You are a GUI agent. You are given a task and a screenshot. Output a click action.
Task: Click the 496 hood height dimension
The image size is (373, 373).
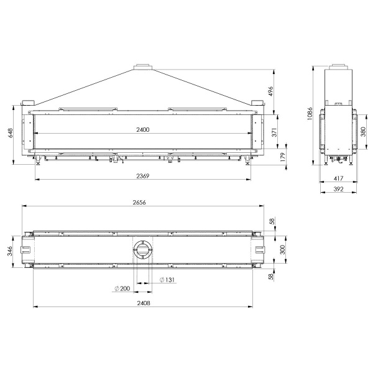(x=270, y=90)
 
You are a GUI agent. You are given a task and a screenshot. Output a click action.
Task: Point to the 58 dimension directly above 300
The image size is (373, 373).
(x=272, y=221)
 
